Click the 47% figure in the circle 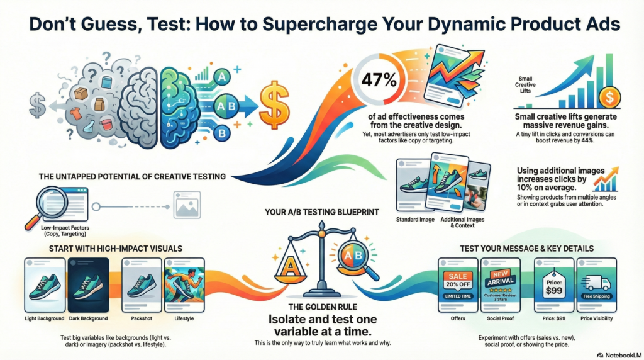coord(379,80)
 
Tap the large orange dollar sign coord(274,105)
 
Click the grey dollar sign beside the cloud coord(38,105)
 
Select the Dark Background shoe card coord(88,285)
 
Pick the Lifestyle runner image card coord(184,285)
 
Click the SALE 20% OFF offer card coord(458,285)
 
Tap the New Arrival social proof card coord(500,285)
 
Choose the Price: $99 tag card coord(553,285)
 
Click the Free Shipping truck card coord(596,285)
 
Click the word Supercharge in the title coord(319,25)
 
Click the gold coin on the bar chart coord(610,98)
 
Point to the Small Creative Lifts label coord(525,85)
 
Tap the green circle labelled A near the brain coord(222,76)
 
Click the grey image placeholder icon coord(187,205)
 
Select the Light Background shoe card coord(45,285)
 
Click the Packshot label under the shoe coord(142,318)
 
